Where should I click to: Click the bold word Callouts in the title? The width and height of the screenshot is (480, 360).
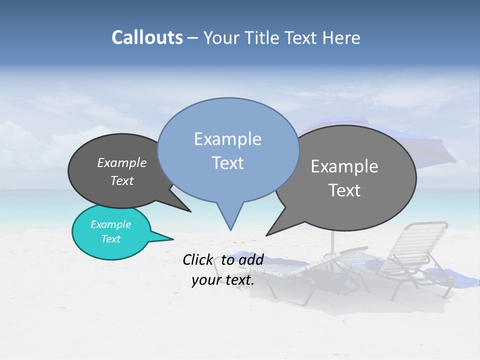(x=147, y=37)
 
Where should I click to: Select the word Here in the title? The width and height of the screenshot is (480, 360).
(x=342, y=38)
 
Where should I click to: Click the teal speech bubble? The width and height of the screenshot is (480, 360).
(x=111, y=232)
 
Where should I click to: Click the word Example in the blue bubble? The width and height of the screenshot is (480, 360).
(x=227, y=139)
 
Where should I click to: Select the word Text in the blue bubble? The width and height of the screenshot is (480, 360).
(x=227, y=163)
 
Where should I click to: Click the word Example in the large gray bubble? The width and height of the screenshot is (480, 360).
(x=344, y=166)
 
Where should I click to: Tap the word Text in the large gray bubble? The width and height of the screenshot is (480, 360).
(x=344, y=190)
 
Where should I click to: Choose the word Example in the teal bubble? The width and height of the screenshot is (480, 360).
(x=110, y=224)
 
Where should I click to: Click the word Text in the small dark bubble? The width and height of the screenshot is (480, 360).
(x=122, y=181)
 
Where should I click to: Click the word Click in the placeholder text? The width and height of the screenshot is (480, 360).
(x=198, y=259)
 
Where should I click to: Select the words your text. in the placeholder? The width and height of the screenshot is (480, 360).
(x=222, y=280)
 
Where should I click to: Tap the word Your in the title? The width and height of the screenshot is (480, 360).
(x=220, y=38)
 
